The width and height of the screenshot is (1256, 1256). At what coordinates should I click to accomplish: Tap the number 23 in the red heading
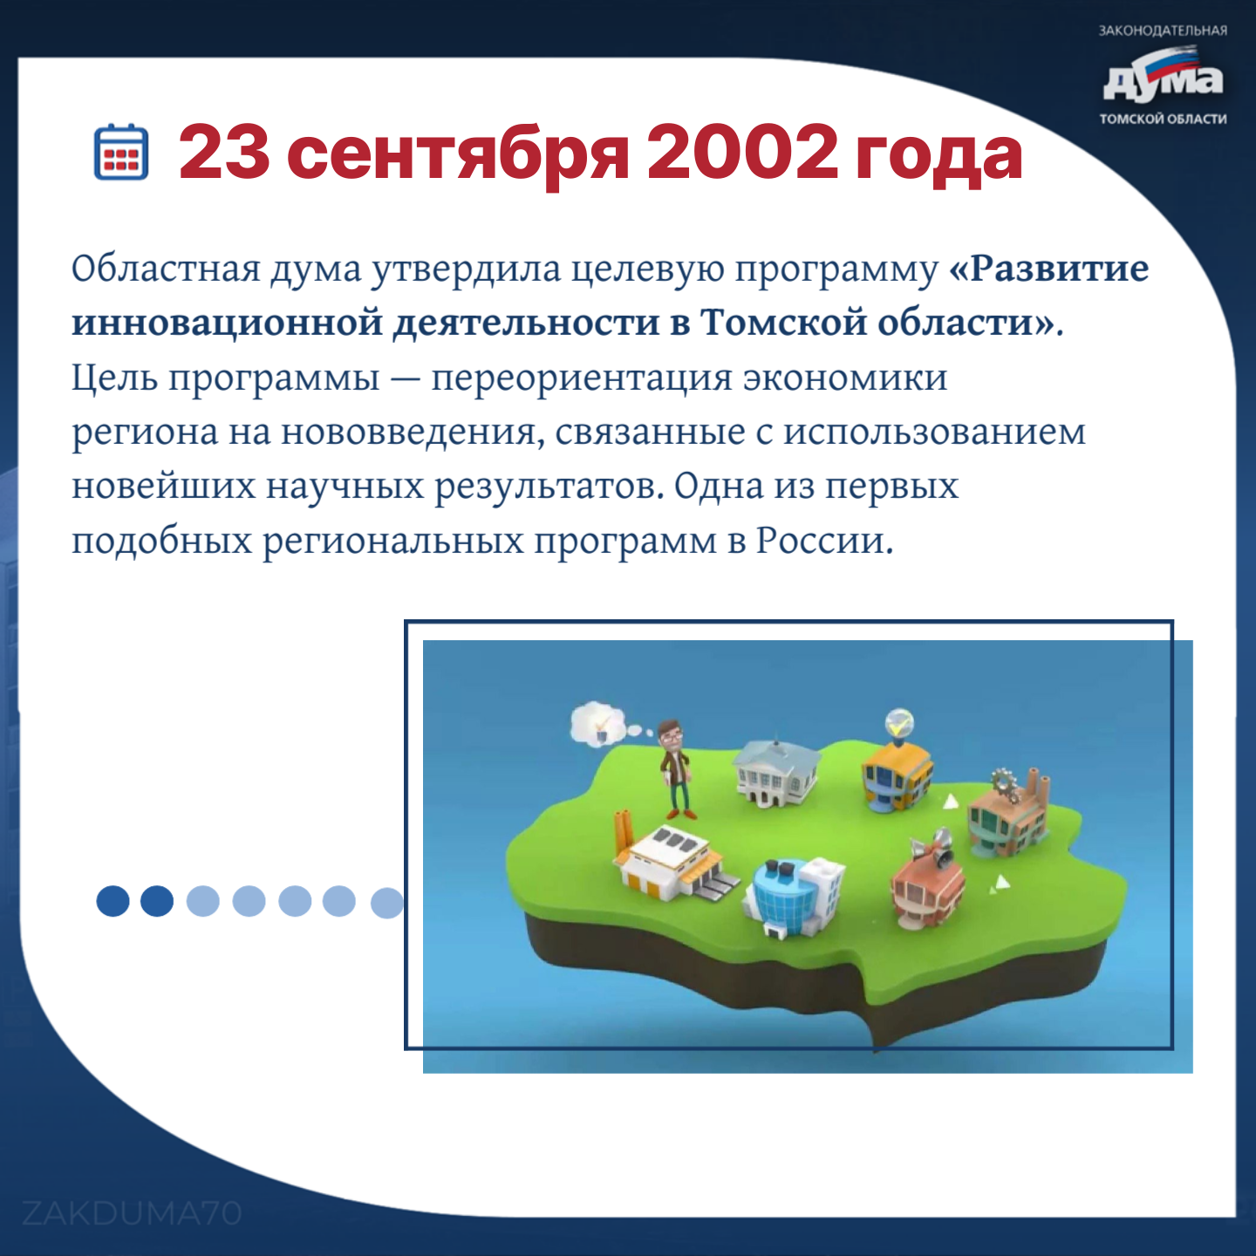coord(223,154)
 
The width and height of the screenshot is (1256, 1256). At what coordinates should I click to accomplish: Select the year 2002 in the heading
coord(741,154)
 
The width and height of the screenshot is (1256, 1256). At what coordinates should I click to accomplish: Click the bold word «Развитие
coord(1049,268)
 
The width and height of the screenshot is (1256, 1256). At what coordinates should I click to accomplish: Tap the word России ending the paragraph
coord(824,540)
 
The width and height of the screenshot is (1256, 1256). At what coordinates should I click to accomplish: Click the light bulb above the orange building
coord(899,722)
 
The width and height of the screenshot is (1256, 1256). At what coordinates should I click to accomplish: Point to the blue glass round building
coord(793,897)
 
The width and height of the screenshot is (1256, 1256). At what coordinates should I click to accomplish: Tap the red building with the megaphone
coord(928,876)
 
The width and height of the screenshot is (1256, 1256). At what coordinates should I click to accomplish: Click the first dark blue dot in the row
coord(113,901)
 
